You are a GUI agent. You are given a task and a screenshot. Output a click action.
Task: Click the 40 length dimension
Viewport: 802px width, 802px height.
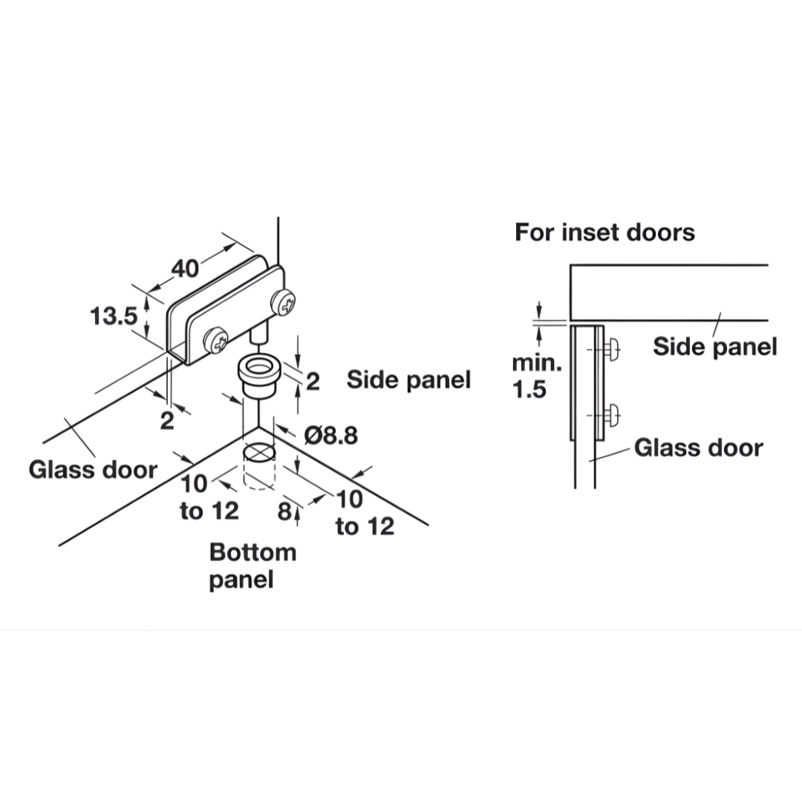coord(186,268)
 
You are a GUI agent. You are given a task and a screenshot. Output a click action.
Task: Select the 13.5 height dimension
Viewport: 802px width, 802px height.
coord(114,316)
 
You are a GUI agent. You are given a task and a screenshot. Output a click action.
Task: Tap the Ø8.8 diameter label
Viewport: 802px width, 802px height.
coord(330,435)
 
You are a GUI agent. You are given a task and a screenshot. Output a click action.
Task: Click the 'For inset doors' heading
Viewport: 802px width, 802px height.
coord(604,232)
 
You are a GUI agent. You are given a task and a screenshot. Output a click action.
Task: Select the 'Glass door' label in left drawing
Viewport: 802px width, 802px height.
coord(93,469)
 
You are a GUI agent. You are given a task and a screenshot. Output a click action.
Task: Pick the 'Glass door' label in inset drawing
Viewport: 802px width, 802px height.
coord(698,448)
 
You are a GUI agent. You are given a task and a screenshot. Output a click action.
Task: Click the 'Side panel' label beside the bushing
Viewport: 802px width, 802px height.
coord(408,380)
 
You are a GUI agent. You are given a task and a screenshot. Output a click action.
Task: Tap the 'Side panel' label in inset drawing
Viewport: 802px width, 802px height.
coord(714,346)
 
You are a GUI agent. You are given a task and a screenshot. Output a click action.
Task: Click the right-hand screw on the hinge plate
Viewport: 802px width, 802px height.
coord(286,301)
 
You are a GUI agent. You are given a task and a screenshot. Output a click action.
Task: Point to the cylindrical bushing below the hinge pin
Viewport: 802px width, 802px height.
coord(258,376)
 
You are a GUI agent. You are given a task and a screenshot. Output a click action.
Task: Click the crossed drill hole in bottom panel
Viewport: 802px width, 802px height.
coord(258,451)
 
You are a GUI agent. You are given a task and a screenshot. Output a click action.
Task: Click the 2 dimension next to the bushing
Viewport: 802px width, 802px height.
coord(313,382)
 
